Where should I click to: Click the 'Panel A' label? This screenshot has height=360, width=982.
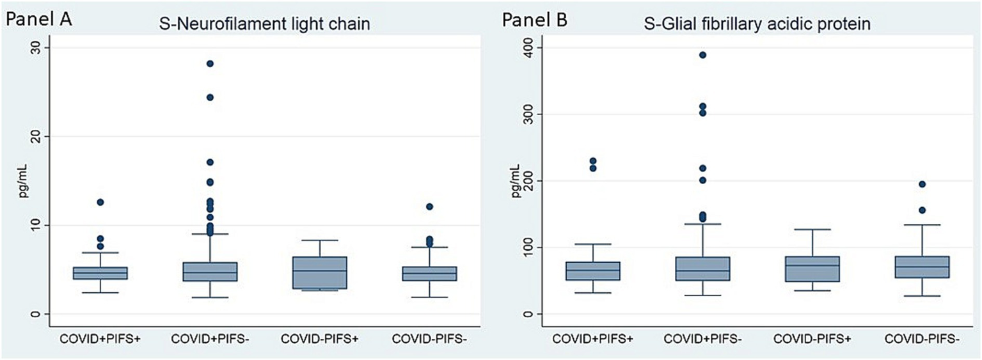(38, 19)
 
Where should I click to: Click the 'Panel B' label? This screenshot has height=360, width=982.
(534, 20)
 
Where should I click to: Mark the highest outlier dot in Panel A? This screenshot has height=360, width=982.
(210, 63)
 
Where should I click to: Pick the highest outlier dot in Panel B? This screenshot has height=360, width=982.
(702, 55)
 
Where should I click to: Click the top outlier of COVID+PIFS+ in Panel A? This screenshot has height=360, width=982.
(100, 202)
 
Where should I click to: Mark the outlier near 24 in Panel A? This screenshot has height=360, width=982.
(210, 97)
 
